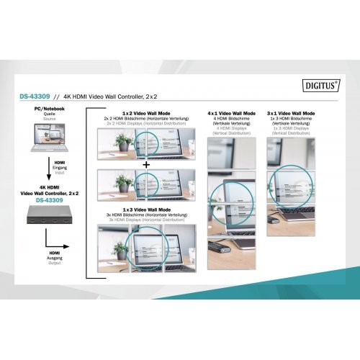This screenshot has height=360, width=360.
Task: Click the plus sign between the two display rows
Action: (x=147, y=165)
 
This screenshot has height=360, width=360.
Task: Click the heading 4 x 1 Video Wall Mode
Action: (x=232, y=114)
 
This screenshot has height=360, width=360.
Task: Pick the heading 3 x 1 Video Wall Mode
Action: (x=291, y=114)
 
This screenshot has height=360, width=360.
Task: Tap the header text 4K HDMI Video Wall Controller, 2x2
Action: (x=109, y=96)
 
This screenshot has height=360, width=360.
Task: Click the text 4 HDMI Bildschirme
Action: (x=232, y=119)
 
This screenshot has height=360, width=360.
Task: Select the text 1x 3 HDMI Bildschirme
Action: (x=291, y=119)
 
